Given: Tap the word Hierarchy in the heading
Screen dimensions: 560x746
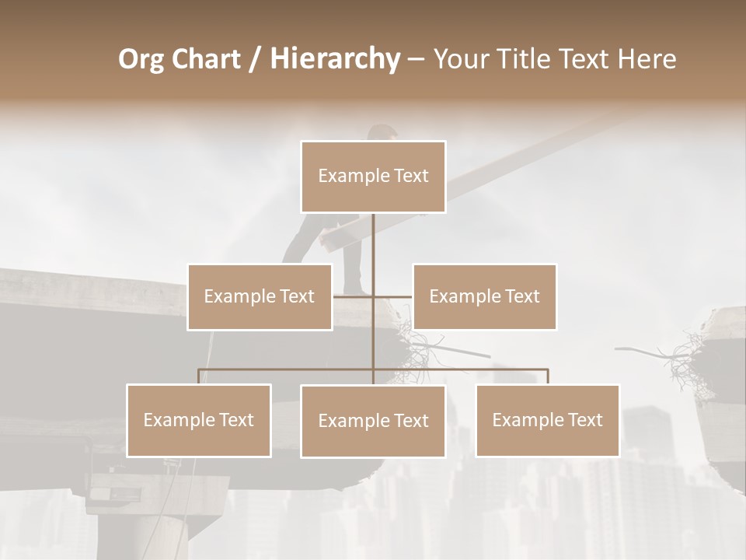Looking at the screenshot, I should pos(335,59).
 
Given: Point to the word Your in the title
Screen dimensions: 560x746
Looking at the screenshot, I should pos(462,59).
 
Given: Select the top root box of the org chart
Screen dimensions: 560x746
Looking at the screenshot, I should pos(373,177).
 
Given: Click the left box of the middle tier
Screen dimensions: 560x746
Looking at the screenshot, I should pos(260,296).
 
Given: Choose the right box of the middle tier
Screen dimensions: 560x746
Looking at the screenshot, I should pos(484,296).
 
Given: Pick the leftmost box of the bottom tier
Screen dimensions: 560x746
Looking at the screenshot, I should pos(199,420).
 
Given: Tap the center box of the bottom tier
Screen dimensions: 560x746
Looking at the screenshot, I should pos(373,421).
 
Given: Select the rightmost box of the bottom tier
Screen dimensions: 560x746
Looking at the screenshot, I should pos(547,420).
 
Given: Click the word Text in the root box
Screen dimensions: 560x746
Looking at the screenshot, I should pos(410,176).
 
